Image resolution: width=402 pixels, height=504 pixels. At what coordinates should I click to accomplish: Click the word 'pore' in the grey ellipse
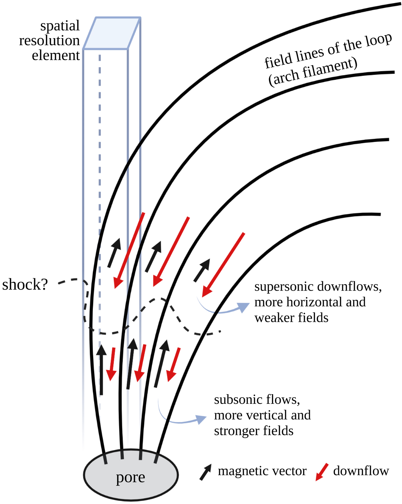pyautogui.click(x=130, y=478)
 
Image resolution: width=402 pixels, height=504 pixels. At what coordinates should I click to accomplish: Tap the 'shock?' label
pyautogui.click(x=25, y=285)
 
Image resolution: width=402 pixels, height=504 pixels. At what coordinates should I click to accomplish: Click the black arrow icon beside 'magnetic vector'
pyautogui.click(x=206, y=472)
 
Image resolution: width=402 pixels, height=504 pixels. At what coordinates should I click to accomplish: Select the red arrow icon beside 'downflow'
pyautogui.click(x=322, y=472)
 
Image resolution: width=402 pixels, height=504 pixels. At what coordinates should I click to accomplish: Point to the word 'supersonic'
pyautogui.click(x=284, y=287)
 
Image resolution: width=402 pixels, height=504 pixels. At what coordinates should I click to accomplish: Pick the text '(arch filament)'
pyautogui.click(x=313, y=72)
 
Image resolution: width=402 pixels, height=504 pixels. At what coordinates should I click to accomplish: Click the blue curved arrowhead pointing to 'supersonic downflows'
pyautogui.click(x=244, y=306)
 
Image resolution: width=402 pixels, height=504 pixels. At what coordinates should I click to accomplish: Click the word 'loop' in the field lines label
pyautogui.click(x=379, y=40)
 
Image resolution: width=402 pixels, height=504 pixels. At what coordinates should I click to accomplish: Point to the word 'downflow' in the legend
pyautogui.click(x=361, y=471)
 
